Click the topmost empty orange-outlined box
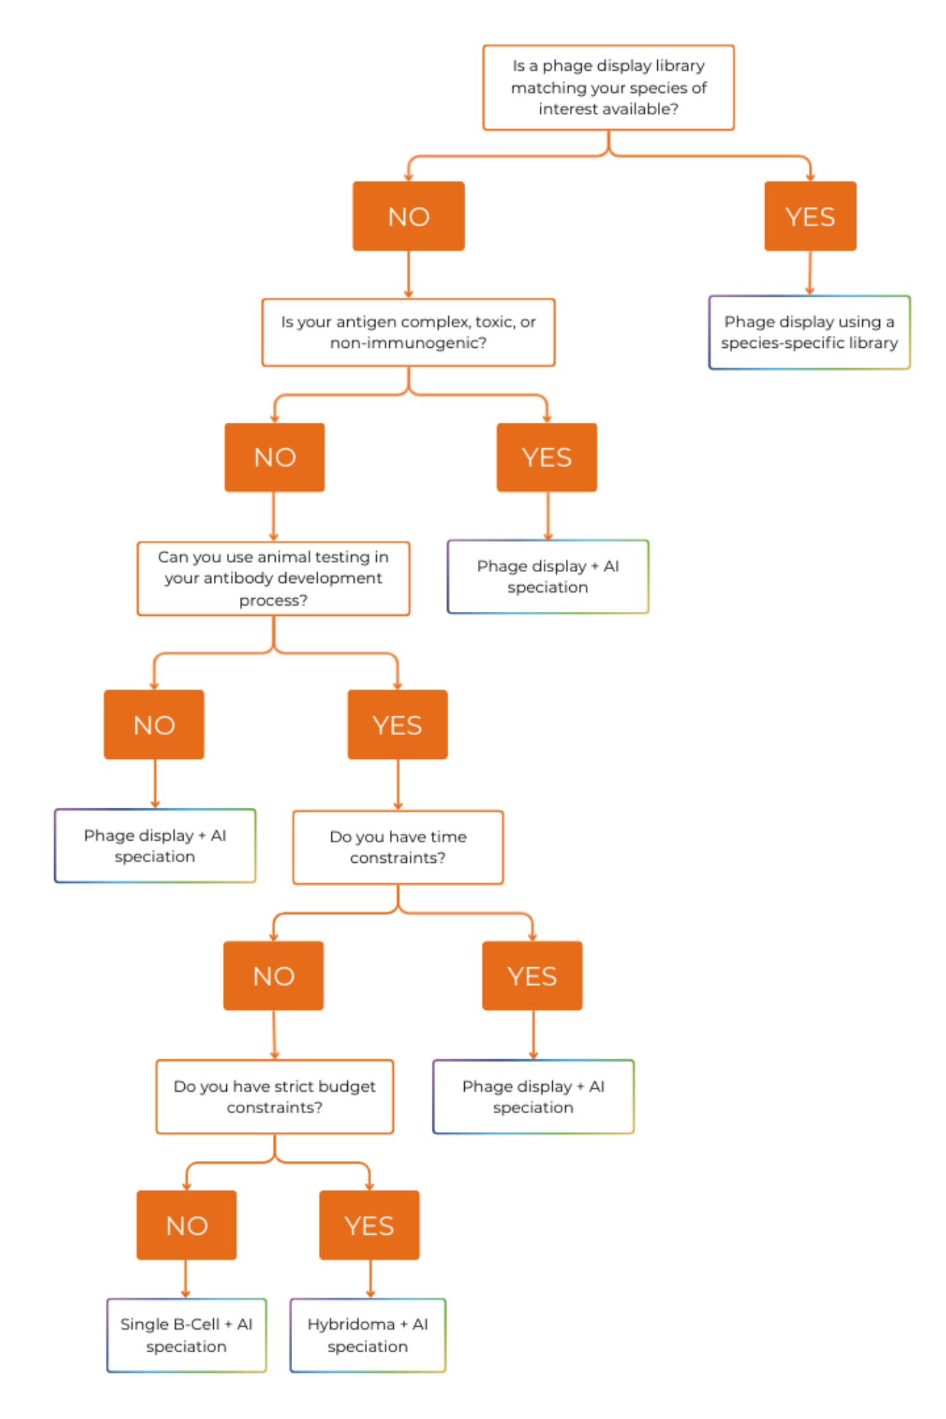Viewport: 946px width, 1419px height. tap(608, 87)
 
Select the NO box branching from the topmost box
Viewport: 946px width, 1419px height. tap(408, 217)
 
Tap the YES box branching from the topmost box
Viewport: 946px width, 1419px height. tap(810, 217)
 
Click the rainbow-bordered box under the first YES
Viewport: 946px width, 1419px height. tap(810, 333)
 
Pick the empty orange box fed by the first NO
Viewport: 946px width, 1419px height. tap(408, 333)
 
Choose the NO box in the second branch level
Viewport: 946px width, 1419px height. tap(275, 457)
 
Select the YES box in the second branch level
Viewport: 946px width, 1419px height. tap(547, 457)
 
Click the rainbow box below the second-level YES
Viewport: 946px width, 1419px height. tap(548, 577)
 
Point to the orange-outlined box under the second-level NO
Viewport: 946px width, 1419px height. tap(274, 579)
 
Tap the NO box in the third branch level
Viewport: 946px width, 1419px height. tap(154, 725)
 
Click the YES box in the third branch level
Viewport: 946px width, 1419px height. tap(397, 725)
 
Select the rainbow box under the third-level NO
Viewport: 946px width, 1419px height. tap(155, 846)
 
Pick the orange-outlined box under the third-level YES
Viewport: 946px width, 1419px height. tap(398, 847)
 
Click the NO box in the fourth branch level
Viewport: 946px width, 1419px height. tap(274, 976)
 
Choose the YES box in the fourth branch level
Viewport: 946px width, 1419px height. tap(532, 976)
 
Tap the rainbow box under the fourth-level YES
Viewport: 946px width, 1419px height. tap(533, 1097)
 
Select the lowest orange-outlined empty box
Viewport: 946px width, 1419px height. tap(275, 1097)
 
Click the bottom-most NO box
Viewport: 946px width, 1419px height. tap(187, 1225)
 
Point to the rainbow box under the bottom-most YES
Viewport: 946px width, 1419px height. tap(368, 1335)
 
